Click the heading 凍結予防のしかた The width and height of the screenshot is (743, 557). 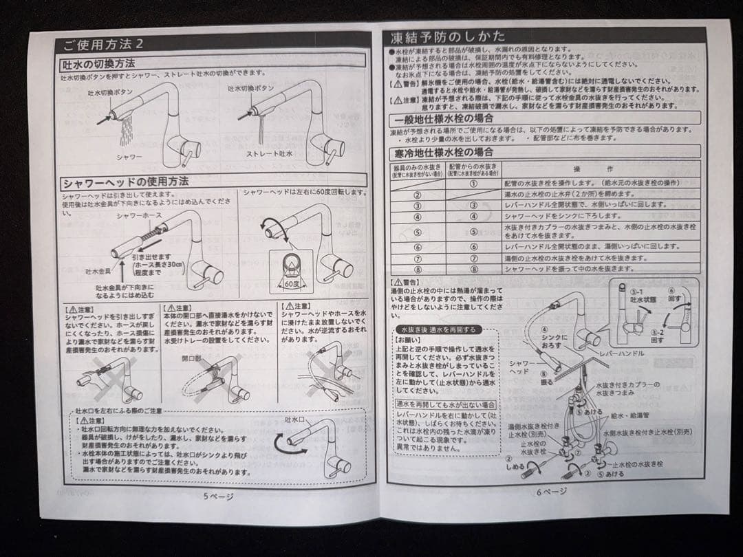point(447,36)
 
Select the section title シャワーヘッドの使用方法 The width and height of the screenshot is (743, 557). point(125,183)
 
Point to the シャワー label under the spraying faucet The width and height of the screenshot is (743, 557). point(129,157)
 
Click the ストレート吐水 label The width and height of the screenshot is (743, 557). point(269,154)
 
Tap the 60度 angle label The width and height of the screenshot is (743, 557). point(291,282)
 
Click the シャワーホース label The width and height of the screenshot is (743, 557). point(134,215)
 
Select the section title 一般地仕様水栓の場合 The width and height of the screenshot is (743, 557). point(440,119)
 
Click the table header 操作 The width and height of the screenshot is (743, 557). point(592,169)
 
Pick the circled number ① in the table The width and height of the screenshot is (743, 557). point(473,183)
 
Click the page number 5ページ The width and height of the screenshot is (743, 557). point(218,495)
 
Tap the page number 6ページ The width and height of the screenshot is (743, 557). point(552,491)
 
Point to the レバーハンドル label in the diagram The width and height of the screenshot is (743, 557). point(621,353)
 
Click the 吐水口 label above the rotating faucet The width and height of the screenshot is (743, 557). point(294,419)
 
